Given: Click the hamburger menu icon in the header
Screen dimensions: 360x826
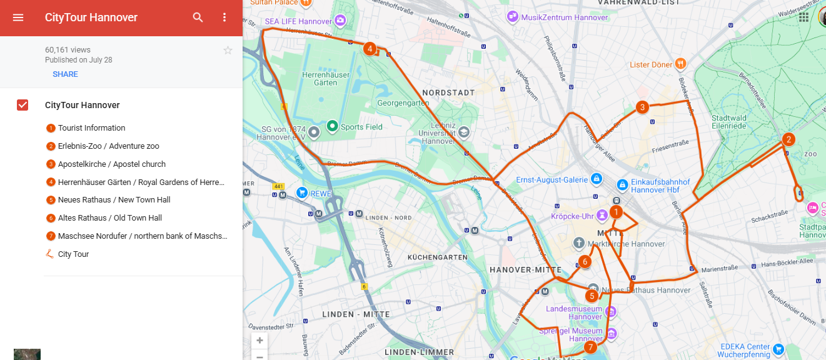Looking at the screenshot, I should [x=18, y=17].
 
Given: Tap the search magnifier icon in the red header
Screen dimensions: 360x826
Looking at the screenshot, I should [x=198, y=17].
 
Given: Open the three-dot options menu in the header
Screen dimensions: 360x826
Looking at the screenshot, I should [x=225, y=17].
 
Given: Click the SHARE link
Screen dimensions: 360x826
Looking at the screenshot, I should [x=65, y=74].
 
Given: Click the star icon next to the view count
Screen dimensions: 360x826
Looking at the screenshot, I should [x=228, y=50].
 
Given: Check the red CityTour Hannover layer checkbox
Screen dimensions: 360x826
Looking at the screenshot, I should [x=23, y=105].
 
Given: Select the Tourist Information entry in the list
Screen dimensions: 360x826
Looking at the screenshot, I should [x=91, y=128].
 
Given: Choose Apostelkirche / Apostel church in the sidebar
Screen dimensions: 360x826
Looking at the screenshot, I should [x=111, y=164].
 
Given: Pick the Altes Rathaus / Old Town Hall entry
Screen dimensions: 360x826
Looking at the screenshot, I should [x=109, y=218].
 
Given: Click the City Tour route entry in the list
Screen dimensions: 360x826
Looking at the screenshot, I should [x=73, y=254].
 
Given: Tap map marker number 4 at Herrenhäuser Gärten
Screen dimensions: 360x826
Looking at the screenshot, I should [x=370, y=48].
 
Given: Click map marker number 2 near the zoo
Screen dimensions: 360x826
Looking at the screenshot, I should [x=788, y=139].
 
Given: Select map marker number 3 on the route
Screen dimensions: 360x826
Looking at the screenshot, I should [x=642, y=107].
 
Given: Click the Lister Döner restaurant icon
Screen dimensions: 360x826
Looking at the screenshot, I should [x=681, y=64].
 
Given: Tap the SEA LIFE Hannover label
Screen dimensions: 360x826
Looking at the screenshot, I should [x=298, y=21].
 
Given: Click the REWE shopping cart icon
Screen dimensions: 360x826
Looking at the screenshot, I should [x=303, y=192].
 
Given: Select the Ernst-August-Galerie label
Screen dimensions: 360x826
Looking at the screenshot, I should [x=552, y=180].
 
